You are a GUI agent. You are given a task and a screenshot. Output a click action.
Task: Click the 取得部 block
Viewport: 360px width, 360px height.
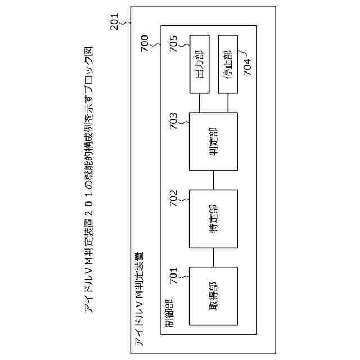pyautogui.click(x=214, y=296)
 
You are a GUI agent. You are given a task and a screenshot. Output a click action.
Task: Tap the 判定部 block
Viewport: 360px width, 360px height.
pyautogui.click(x=214, y=141)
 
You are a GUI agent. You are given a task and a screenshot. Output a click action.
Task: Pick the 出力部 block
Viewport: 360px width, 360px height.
pyautogui.click(x=200, y=65)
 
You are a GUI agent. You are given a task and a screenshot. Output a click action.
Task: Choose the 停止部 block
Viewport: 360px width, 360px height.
pyautogui.click(x=228, y=65)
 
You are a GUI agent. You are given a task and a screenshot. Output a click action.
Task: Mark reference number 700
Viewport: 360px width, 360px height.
pyautogui.click(x=146, y=42)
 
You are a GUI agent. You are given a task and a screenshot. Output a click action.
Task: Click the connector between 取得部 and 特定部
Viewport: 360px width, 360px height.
pyautogui.click(x=214, y=258)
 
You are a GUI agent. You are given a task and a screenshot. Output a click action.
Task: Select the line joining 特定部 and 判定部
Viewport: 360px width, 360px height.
pyautogui.click(x=214, y=180)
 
